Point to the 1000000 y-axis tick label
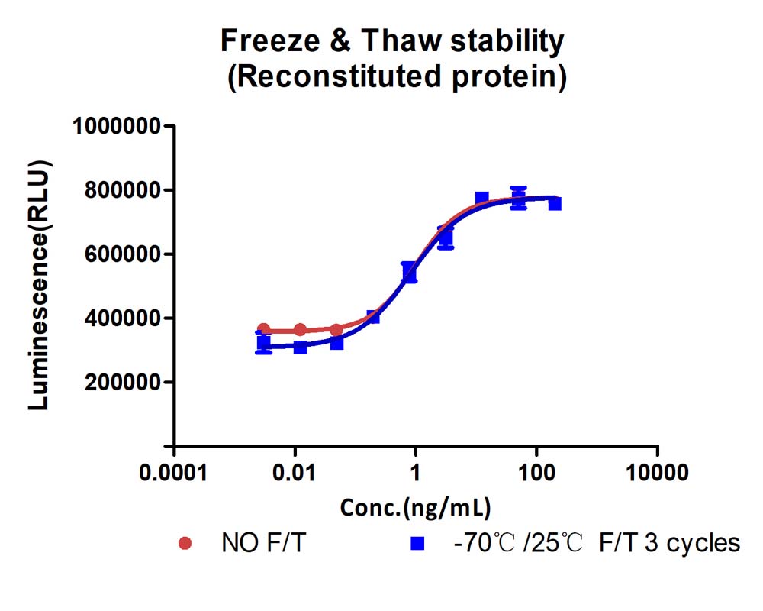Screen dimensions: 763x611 (x=117, y=126)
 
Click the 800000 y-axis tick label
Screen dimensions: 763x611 (x=123, y=190)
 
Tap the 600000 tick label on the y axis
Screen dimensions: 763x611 (x=123, y=254)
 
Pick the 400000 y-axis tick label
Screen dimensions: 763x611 (x=123, y=318)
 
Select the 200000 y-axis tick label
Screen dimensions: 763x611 (x=123, y=383)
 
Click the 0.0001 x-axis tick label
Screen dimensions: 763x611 (x=173, y=473)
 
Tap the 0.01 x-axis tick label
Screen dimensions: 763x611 (x=294, y=473)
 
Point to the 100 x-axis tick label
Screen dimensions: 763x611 (x=536, y=473)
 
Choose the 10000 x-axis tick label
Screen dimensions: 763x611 (x=657, y=473)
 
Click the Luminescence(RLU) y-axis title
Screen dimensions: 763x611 (x=39, y=285)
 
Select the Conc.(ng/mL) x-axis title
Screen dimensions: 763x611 (x=415, y=508)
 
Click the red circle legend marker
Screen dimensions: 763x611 (x=185, y=543)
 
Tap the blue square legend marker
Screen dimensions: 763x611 (x=417, y=543)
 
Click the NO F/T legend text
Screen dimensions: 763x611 (x=263, y=543)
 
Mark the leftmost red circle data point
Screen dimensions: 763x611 (x=263, y=329)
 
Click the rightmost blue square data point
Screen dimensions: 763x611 (x=555, y=203)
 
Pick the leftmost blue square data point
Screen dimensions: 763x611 (x=263, y=342)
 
